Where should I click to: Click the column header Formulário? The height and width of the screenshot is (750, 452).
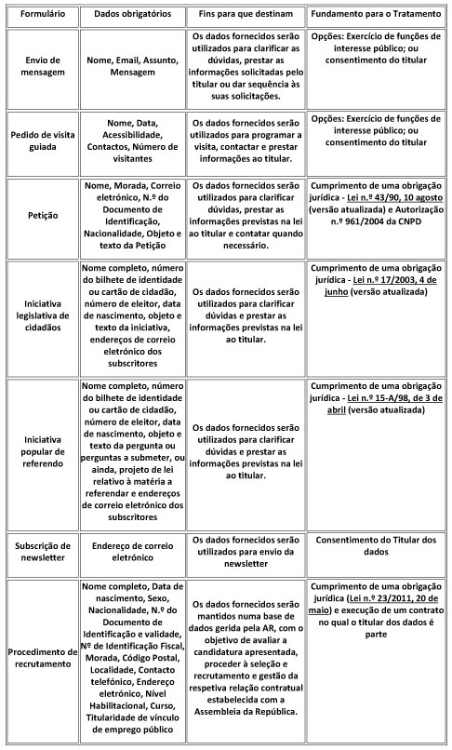click(40, 17)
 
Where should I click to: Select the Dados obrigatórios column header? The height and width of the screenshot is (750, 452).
click(132, 17)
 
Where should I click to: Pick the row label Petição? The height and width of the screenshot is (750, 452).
click(40, 215)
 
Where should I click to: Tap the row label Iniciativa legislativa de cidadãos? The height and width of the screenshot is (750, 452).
click(40, 316)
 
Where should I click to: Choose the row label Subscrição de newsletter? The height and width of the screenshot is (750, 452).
click(40, 550)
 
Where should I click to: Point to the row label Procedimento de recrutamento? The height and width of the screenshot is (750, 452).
click(40, 656)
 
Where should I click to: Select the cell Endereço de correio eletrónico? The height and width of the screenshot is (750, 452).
click(132, 550)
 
